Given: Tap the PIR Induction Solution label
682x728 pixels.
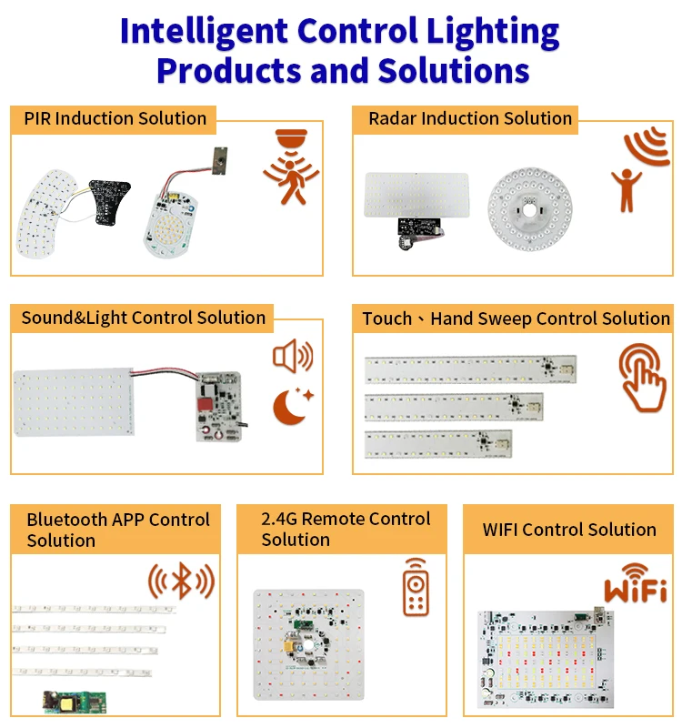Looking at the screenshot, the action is tap(115, 118).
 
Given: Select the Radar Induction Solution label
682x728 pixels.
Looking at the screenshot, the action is tap(470, 118).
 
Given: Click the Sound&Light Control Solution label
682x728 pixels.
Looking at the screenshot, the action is tap(144, 318).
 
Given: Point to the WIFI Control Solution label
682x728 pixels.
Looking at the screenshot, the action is tap(569, 530).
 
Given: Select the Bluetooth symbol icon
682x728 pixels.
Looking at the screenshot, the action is tap(182, 580).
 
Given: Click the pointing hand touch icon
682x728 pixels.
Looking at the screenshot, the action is tap(643, 378).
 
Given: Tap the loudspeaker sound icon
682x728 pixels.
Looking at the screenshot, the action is tap(292, 356).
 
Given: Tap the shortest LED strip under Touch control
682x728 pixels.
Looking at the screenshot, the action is tap(437, 443).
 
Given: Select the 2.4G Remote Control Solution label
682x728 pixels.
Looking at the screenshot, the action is tap(346, 529).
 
